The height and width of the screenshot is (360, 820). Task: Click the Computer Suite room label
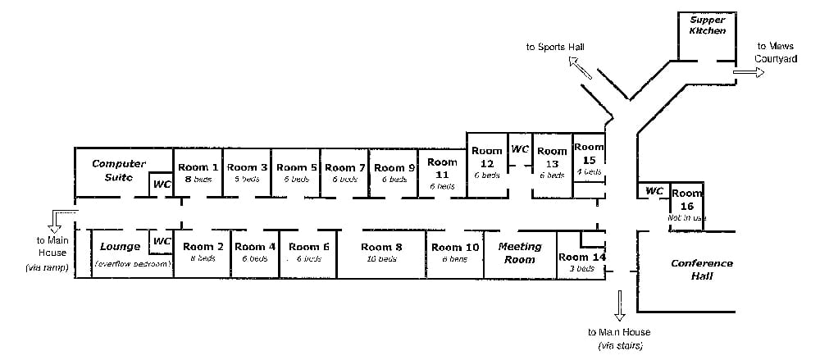coord(118,170)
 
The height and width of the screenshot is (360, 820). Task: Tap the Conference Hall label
coord(701,270)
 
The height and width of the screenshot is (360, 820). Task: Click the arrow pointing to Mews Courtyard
coord(748,71)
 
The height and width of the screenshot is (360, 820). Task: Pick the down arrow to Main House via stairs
coord(619,305)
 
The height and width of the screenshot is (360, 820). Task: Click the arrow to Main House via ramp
coord(56,218)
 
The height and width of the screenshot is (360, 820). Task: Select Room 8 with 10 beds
coord(381,253)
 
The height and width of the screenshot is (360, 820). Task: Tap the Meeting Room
coord(520,253)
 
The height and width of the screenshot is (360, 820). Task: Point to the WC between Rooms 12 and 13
coord(520,150)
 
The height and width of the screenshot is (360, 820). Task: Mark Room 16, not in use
coord(687,205)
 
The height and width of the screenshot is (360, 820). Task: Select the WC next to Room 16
coord(654,191)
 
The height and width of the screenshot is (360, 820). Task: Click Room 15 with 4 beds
coord(589,157)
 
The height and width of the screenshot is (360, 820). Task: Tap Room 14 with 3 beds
coord(581,262)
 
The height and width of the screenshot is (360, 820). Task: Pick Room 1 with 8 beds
coord(198,172)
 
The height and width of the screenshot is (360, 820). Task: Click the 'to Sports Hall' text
coord(555,48)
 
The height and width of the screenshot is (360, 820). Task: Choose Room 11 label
coord(442,173)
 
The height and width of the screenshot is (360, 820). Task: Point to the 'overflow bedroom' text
coord(132,264)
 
